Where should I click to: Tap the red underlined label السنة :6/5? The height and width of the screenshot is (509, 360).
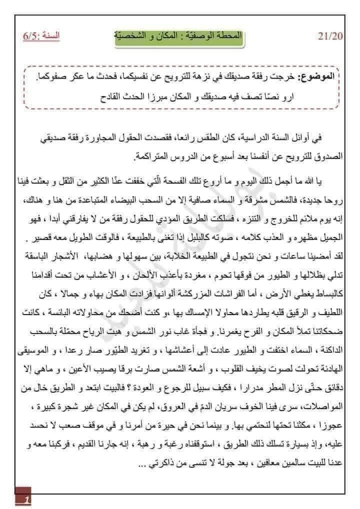(x=40, y=37)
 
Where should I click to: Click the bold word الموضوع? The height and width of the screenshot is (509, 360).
(x=319, y=78)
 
